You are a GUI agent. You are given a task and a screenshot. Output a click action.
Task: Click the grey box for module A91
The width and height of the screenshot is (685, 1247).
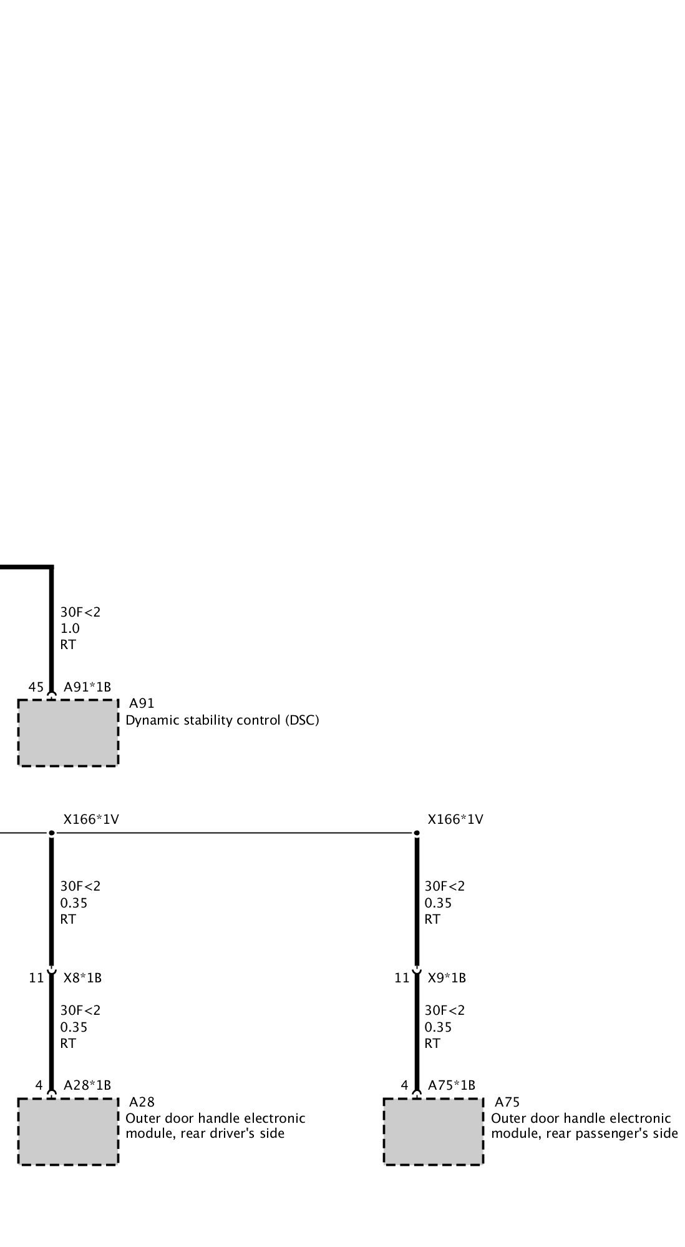pos(68,732)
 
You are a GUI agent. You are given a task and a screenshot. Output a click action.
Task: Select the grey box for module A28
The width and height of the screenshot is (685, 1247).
pos(68,1132)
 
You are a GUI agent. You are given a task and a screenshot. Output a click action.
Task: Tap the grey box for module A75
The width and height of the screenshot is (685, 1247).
pos(433,1132)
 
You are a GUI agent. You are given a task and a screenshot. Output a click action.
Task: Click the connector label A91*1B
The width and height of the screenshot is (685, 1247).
pos(87,687)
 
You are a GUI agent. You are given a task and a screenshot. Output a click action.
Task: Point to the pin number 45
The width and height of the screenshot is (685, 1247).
pos(36,687)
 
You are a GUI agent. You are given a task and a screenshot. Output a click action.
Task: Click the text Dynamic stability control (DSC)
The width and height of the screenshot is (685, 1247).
pos(222,720)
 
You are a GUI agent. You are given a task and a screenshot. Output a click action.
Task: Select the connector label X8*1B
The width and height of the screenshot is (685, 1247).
pos(82,978)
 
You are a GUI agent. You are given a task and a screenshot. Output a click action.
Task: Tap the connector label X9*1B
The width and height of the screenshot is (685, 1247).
pos(447,978)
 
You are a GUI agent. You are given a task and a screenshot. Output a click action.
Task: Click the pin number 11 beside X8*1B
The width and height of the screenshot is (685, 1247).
pos(36,978)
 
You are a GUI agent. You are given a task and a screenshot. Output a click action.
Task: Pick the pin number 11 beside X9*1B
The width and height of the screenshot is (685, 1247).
pos(402,978)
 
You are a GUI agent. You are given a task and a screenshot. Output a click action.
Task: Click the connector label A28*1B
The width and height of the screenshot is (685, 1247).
pos(87,1085)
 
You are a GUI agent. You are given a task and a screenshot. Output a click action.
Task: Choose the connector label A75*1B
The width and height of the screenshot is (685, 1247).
pos(452,1085)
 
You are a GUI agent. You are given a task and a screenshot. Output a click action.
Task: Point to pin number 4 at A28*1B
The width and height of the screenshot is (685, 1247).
pos(39,1085)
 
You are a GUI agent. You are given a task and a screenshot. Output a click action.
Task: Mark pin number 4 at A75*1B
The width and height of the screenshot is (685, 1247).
pos(404,1085)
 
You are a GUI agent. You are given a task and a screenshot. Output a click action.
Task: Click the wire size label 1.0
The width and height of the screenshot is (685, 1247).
pos(70,628)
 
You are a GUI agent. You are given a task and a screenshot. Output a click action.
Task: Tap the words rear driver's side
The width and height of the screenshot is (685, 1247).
pos(232,1133)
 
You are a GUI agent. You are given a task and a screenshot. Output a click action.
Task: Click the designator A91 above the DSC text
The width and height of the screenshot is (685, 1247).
pos(142,704)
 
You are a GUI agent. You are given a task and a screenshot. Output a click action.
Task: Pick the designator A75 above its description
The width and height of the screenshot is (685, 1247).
pos(507,1102)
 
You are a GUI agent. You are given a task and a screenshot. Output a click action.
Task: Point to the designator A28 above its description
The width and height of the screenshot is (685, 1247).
pos(142,1102)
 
